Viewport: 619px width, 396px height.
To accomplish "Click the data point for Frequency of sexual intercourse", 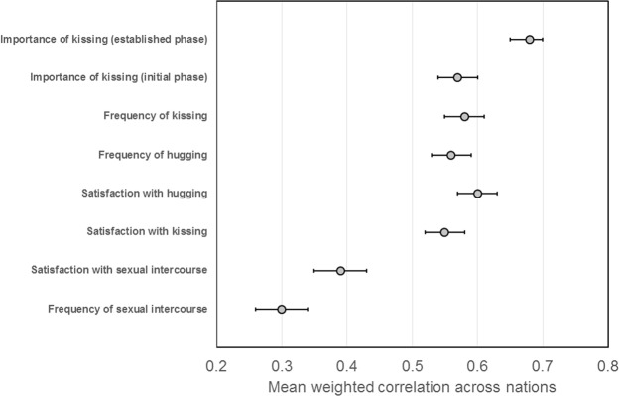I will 282,309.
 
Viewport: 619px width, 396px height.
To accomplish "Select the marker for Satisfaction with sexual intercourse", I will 340,270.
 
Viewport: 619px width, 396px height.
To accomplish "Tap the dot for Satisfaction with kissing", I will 444,232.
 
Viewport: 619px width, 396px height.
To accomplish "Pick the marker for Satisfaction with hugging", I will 477,194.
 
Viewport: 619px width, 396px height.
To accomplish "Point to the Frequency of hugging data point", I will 451,155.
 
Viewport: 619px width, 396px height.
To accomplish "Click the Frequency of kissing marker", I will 464,116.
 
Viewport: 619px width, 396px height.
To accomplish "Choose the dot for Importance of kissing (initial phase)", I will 457,77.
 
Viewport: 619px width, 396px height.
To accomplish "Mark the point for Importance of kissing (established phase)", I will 530,40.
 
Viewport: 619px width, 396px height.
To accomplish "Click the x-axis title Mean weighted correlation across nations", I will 411,385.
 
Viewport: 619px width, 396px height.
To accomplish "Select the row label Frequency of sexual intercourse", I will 127,309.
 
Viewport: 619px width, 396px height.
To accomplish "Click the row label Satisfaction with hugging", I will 146,194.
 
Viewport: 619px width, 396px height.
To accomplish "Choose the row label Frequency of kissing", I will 155,116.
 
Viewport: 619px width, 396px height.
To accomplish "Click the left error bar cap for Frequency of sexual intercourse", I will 256,309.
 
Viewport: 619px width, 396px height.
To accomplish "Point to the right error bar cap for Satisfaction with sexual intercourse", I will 367,270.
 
